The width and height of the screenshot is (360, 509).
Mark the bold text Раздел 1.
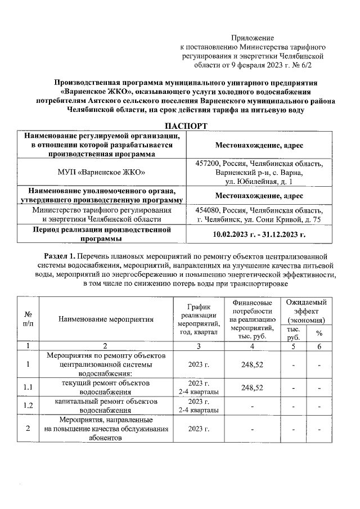(62, 256)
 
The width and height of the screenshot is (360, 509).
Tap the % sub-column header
(319, 334)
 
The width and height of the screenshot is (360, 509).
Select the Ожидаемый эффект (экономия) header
(306, 311)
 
